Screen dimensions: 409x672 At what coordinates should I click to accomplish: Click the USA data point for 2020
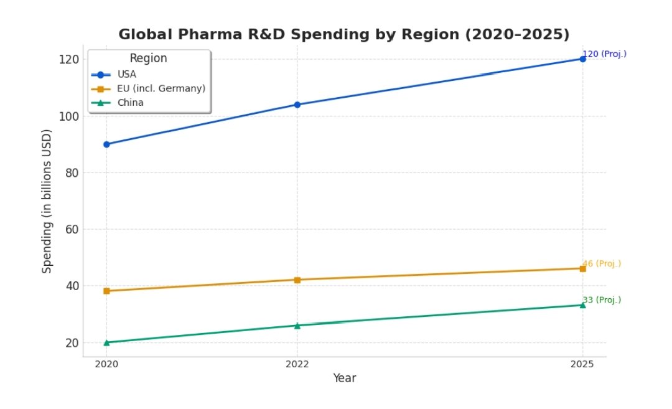(106, 144)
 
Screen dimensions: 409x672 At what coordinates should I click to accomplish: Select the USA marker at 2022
(297, 105)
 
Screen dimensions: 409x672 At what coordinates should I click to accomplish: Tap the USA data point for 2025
(582, 59)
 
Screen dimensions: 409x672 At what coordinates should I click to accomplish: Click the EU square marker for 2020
(106, 291)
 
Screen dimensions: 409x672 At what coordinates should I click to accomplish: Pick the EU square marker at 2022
(297, 280)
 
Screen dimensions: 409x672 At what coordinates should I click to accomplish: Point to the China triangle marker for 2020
(106, 342)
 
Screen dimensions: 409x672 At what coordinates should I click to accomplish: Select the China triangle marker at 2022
(297, 325)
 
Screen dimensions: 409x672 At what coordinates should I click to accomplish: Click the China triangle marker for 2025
(582, 305)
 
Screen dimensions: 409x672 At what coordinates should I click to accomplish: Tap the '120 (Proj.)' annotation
(605, 54)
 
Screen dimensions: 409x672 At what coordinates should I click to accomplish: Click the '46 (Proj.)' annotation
(602, 264)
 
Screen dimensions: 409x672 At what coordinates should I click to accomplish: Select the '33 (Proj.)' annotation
(602, 300)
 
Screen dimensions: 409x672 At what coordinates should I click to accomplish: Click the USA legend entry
(127, 75)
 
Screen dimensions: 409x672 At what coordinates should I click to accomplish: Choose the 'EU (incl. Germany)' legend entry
(161, 89)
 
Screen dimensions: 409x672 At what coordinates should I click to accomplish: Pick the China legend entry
(131, 103)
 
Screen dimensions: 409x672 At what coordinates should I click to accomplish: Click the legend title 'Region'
(148, 59)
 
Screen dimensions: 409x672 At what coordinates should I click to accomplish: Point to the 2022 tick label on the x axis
(297, 364)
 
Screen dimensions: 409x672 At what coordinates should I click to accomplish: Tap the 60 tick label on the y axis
(72, 229)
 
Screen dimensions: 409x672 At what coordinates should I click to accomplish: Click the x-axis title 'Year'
(344, 378)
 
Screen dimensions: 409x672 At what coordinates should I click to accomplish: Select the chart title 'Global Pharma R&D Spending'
(344, 34)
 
